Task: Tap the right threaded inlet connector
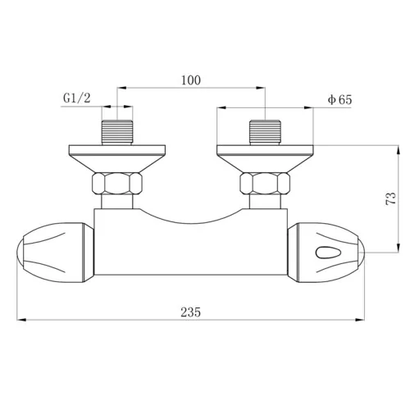[x=266, y=132]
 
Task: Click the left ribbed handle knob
[x=53, y=251]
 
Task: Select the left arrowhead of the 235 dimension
[x=21, y=320]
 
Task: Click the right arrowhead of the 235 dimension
[x=365, y=320]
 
